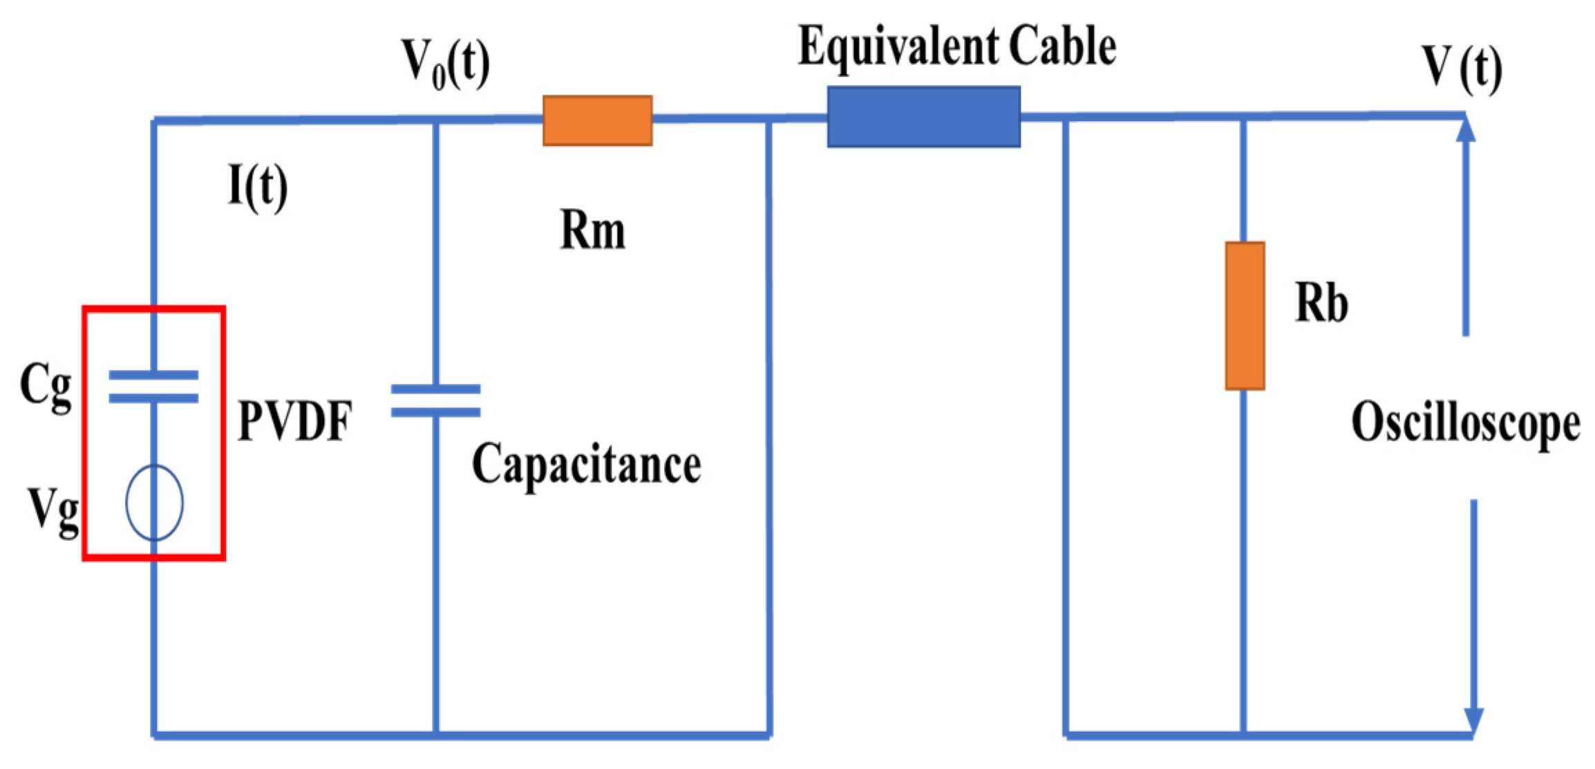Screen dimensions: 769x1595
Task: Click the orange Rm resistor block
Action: tap(597, 120)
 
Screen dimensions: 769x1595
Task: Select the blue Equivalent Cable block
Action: tap(923, 117)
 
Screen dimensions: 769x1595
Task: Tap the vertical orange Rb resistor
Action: tap(1245, 316)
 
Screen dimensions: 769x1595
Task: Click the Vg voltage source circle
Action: tap(154, 502)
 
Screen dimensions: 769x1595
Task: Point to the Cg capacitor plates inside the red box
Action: tap(153, 387)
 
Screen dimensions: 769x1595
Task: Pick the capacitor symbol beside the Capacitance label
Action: tap(435, 401)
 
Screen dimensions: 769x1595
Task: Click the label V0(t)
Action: tap(446, 64)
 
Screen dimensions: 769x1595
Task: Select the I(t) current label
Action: tap(257, 187)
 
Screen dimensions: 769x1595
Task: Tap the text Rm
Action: tap(592, 230)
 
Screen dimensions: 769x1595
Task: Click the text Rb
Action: tap(1321, 304)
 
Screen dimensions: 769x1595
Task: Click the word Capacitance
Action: tap(586, 465)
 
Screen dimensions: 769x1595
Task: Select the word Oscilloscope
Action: tap(1465, 423)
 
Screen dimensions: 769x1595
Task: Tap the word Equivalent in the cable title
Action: tap(897, 46)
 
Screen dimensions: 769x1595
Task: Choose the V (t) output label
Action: tap(1462, 68)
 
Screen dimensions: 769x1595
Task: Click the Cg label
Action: tap(46, 386)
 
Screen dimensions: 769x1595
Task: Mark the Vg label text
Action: tap(53, 510)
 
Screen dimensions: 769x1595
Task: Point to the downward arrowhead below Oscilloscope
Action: tap(1473, 720)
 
